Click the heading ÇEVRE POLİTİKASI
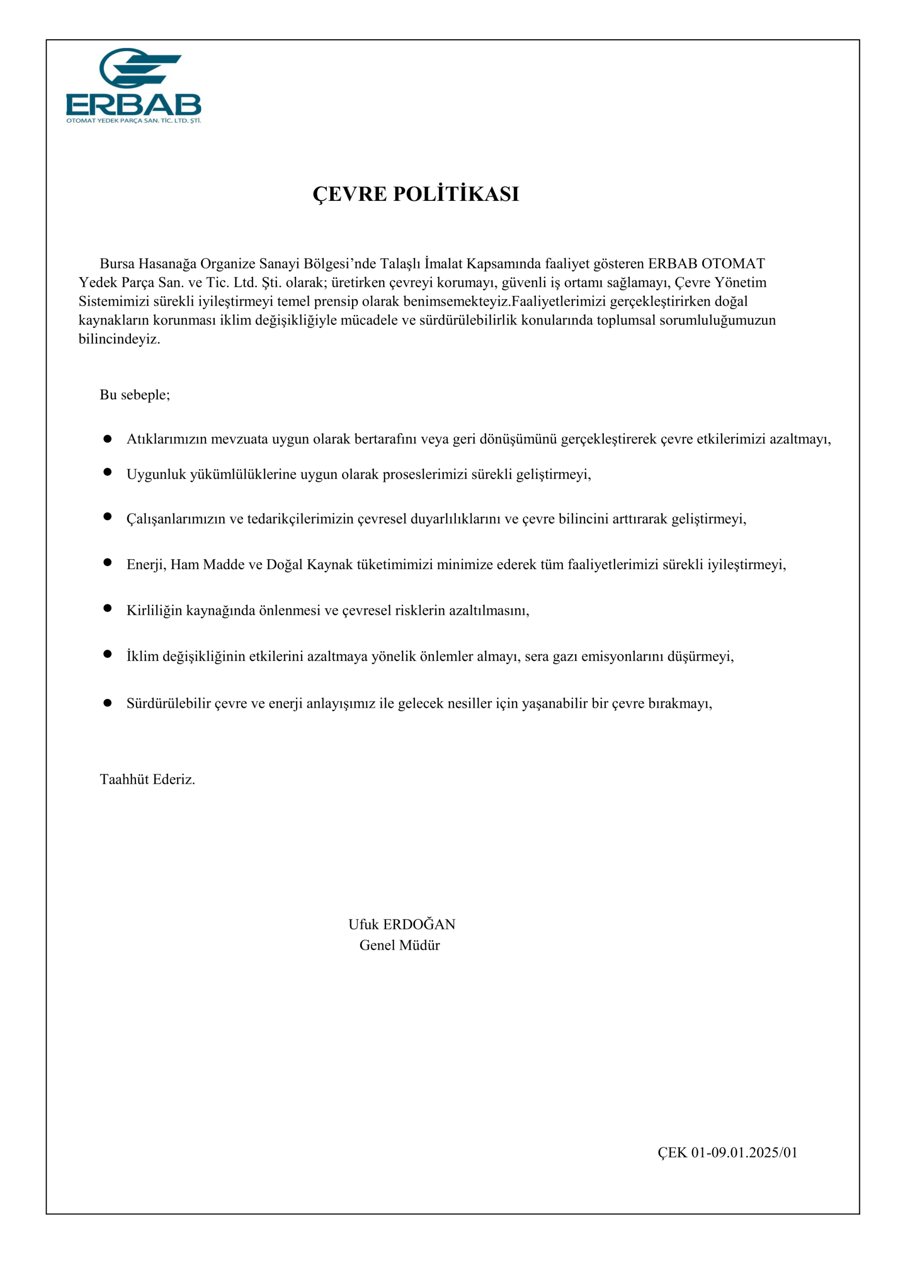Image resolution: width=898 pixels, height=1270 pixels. point(416,194)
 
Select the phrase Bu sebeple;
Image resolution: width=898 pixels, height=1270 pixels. point(135,394)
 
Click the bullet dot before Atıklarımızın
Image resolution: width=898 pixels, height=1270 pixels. point(107,439)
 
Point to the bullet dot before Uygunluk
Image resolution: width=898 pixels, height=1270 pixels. point(107,472)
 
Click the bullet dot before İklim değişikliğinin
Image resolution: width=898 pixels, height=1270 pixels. point(107,654)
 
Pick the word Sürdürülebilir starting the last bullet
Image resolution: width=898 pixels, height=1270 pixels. point(168,703)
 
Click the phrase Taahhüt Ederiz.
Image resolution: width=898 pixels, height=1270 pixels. point(147,779)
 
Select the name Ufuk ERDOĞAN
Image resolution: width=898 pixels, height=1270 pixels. point(402,924)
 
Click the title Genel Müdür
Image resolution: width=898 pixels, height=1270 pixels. point(399,945)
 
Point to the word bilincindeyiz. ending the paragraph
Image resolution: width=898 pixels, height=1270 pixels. point(119,339)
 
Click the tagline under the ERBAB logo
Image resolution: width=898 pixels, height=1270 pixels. point(133,120)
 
